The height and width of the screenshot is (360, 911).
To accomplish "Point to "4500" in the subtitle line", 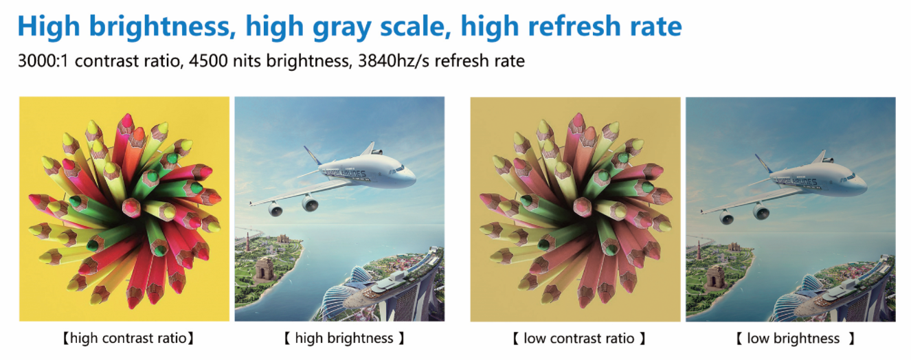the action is point(208,61).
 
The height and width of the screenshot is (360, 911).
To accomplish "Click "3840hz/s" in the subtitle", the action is point(393,61).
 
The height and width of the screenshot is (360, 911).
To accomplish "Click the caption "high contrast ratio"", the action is point(128,339).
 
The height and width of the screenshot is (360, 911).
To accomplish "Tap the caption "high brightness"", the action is point(344,339).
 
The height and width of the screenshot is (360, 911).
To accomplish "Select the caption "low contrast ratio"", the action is point(578,339).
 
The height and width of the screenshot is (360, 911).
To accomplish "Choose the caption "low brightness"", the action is point(794,339).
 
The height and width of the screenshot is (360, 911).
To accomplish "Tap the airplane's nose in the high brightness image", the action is point(411,178).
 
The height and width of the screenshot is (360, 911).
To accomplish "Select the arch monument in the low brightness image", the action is point(717,278).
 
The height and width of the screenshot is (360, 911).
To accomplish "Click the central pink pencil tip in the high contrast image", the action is point(131,207).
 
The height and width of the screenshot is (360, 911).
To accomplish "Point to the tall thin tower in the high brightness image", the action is point(247,243).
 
